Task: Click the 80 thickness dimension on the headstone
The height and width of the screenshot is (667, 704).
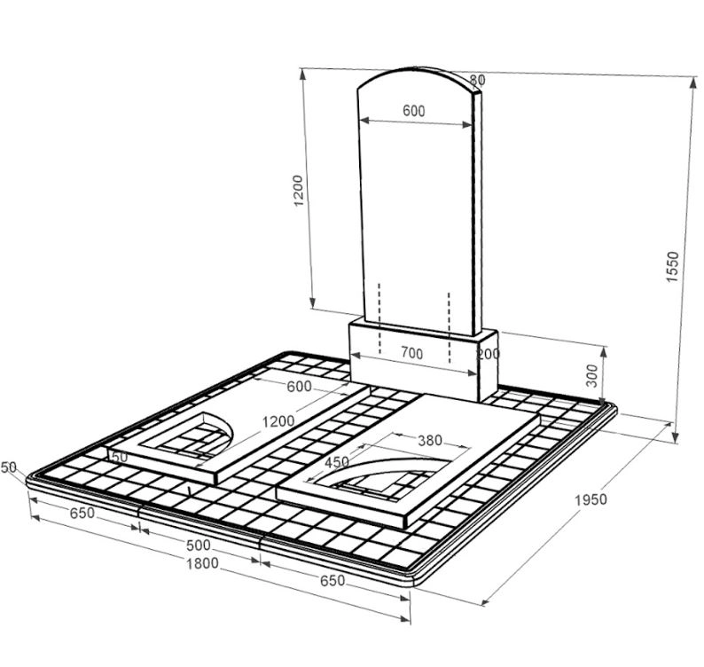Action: tap(477, 80)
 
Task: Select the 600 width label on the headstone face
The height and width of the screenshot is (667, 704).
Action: tap(413, 111)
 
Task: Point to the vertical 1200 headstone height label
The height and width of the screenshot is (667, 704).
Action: tap(298, 191)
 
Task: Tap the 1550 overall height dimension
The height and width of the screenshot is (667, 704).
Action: tap(673, 266)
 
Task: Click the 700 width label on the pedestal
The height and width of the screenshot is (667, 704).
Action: tap(411, 354)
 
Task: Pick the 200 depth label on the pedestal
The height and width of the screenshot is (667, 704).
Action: tap(489, 354)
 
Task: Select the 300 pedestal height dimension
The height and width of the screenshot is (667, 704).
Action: tap(592, 375)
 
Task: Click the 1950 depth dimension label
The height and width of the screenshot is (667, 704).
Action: tap(591, 499)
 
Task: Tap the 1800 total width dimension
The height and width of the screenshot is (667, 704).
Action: tap(202, 563)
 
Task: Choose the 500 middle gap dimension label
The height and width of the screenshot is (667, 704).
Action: tap(198, 545)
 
